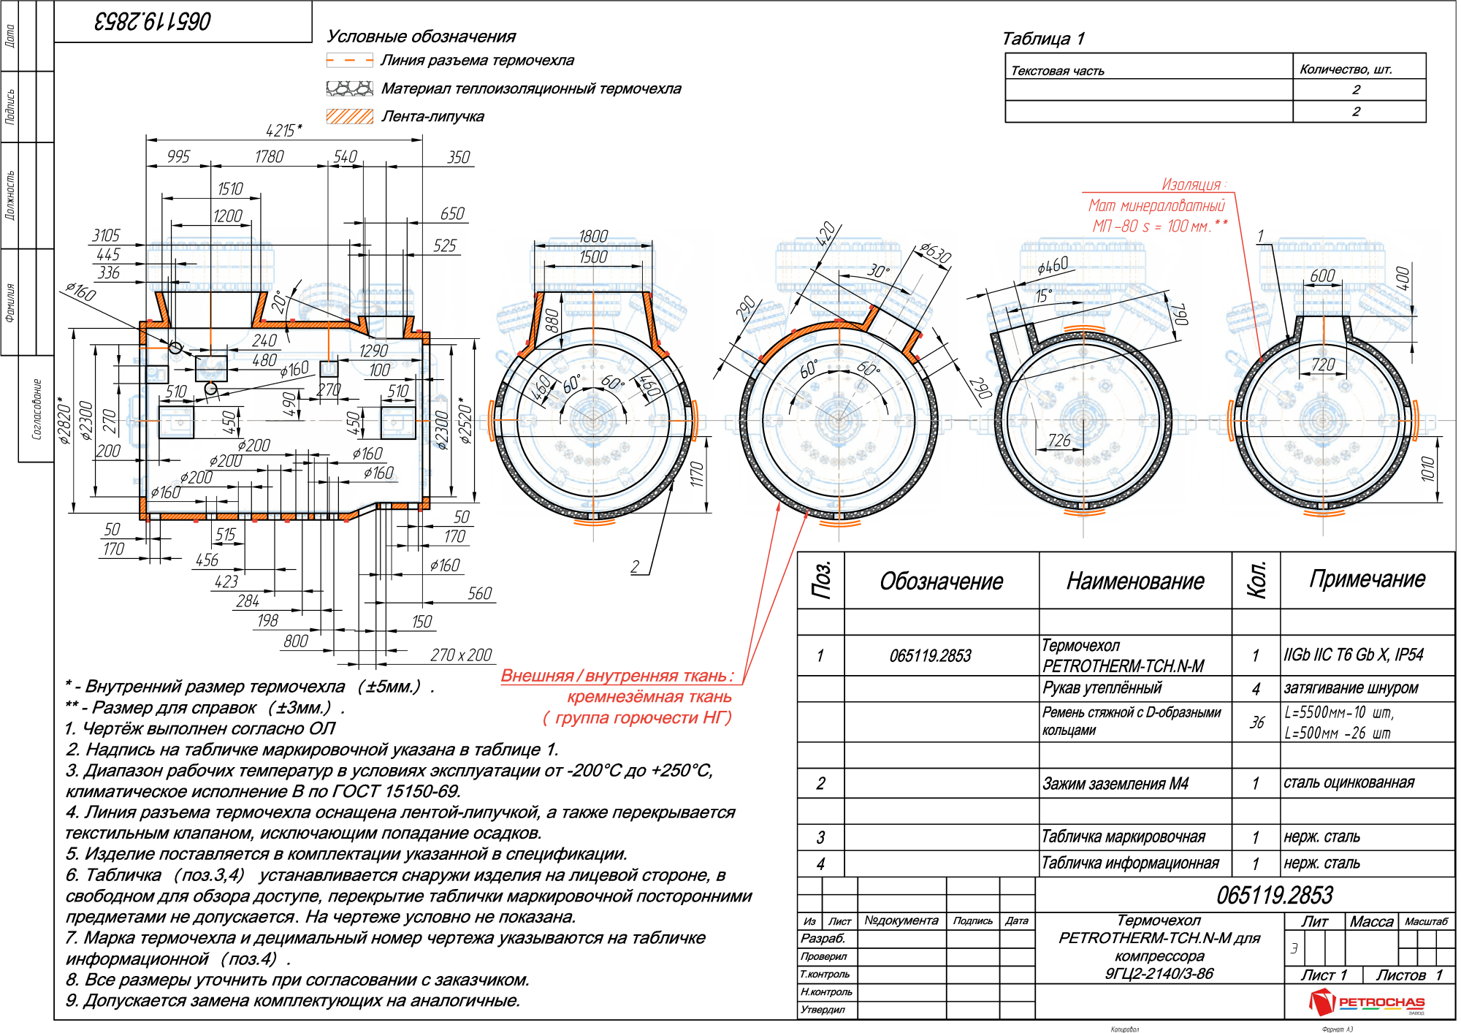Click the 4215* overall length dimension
[283, 130]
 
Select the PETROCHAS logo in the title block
[1367, 1002]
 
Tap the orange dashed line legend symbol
[349, 61]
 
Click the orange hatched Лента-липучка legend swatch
[349, 116]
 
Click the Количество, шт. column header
[1346, 69]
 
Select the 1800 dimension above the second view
[592, 236]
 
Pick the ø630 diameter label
[935, 253]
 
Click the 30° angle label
[878, 271]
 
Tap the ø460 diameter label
[1053, 266]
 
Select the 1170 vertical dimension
[697, 474]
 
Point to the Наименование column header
[1135, 582]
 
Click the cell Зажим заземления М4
[1115, 784]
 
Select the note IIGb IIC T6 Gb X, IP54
[1354, 655]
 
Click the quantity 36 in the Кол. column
[1256, 723]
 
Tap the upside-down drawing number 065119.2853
[153, 21]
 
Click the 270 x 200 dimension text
[461, 655]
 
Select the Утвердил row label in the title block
[823, 1010]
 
